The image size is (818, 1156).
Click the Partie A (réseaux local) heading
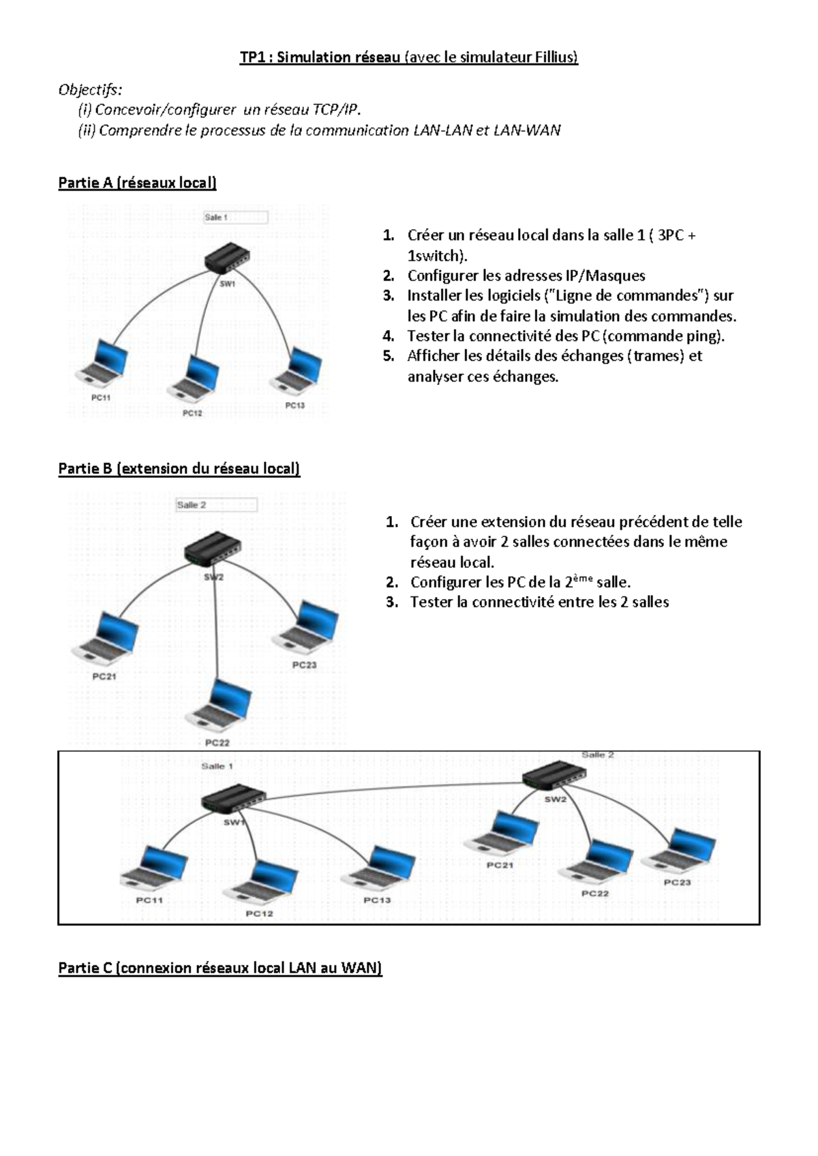[137, 183]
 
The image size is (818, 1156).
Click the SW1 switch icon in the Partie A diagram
[227, 258]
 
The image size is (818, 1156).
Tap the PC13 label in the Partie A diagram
[294, 406]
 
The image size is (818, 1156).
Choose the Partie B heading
[179, 469]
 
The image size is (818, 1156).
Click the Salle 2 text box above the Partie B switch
[216, 505]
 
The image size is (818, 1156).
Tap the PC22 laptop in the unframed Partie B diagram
[219, 705]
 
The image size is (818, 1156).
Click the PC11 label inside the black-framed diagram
[149, 900]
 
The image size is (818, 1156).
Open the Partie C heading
[220, 968]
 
